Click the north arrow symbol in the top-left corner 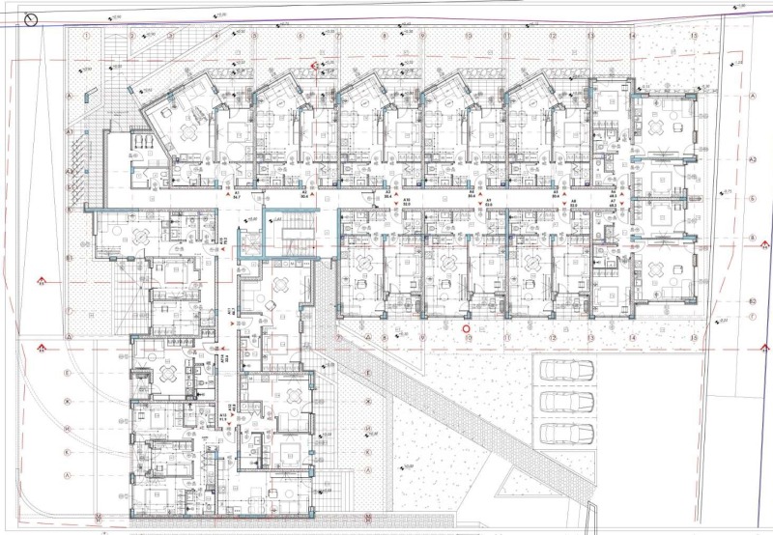pos(32,17)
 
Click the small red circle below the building pos(466,327)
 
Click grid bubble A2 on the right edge pos(752,301)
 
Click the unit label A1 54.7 pos(237,196)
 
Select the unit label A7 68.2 pos(613,200)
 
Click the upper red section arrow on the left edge pos(41,282)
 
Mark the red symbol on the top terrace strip pos(314,66)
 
